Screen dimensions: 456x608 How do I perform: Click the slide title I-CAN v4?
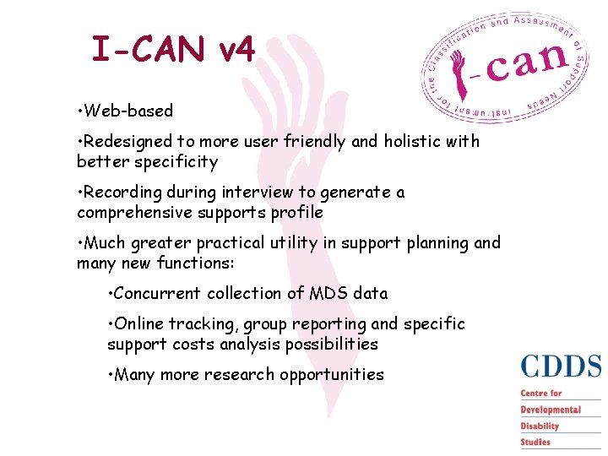pos(173,50)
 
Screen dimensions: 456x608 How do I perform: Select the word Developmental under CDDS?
pos(551,410)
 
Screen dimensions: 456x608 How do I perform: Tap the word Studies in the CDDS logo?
pos(535,442)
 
